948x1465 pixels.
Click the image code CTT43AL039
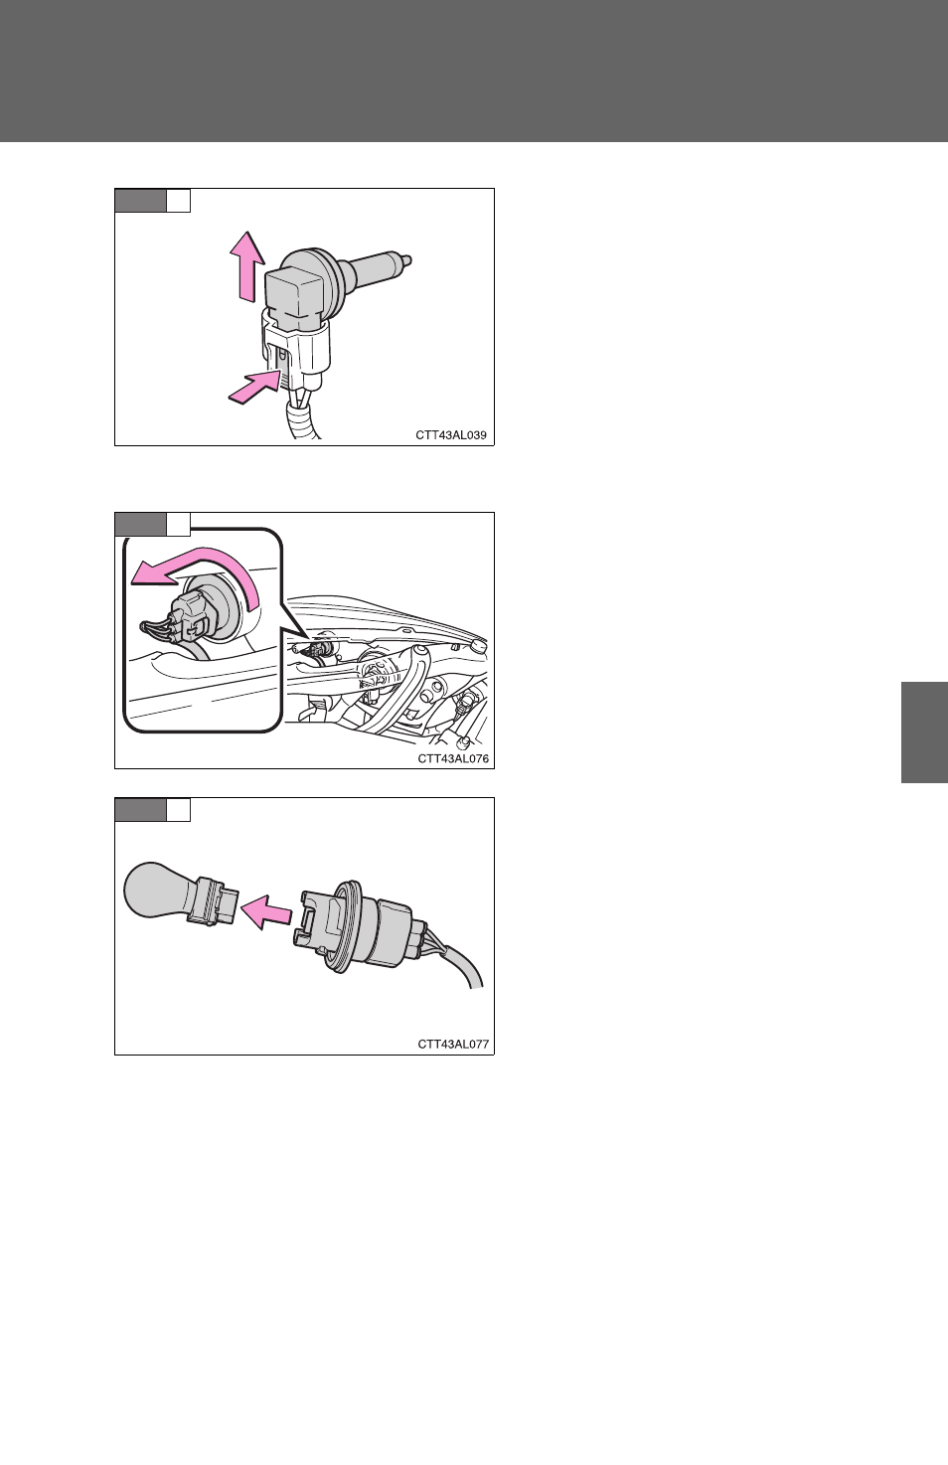(x=451, y=435)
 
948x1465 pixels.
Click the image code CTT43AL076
(x=453, y=758)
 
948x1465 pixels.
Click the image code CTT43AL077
(x=453, y=1045)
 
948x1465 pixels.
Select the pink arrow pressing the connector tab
(x=255, y=386)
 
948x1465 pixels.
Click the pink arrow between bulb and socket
(x=266, y=911)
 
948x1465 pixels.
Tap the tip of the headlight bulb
(x=408, y=260)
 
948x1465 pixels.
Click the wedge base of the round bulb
(x=214, y=900)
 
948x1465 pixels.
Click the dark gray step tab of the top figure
(x=140, y=201)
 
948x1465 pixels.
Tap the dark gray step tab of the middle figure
(x=140, y=525)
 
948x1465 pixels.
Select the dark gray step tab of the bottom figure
(x=140, y=810)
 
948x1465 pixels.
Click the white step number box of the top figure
(x=179, y=201)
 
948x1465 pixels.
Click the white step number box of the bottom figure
(x=179, y=810)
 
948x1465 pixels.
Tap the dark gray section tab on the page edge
(x=924, y=732)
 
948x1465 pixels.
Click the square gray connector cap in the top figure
(x=287, y=294)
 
